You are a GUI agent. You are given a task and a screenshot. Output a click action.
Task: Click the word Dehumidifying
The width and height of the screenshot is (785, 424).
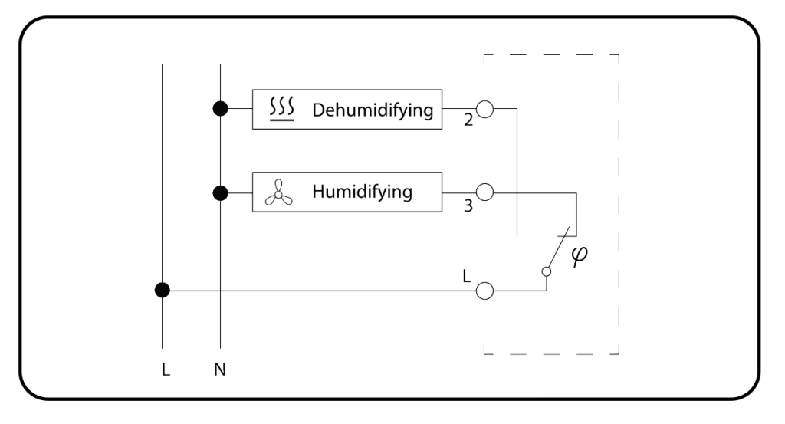pos(373,110)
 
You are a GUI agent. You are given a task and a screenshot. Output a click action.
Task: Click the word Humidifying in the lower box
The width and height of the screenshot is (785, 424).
pos(362,192)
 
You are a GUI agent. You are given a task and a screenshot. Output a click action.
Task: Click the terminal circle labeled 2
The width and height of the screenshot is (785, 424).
pos(484,108)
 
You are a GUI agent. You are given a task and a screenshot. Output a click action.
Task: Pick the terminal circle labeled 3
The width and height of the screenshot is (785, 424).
pos(484,192)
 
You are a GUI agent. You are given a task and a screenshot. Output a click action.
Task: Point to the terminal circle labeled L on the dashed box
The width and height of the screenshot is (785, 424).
pos(484,291)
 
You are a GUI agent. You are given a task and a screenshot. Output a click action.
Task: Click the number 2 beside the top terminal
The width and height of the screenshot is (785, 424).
pos(468,122)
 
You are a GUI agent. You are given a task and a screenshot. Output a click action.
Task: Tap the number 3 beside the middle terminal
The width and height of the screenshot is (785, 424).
pos(468,206)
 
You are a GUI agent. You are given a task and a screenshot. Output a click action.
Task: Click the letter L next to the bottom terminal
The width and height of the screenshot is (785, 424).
pos(468,275)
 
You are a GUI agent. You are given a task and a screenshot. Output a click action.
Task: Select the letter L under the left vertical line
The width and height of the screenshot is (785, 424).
pos(166,370)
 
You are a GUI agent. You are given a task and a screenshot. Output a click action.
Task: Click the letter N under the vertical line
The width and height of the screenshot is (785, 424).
pos(220,370)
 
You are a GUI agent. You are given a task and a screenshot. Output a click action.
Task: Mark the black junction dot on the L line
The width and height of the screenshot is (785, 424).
pos(163,291)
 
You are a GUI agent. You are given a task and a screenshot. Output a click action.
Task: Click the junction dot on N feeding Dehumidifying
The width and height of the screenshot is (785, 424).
pos(220,109)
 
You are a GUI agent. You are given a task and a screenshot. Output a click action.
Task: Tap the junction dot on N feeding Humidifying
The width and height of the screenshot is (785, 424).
pos(220,192)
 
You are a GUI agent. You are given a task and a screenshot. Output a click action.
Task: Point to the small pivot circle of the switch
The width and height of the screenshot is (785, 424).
pos(546,271)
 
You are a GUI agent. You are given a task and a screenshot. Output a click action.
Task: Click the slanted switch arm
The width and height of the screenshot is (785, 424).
pos(557,248)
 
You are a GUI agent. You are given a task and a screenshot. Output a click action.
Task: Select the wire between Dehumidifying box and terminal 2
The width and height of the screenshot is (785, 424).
pos(458,108)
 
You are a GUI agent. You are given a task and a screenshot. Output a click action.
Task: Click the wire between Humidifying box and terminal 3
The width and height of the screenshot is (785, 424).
pos(458,192)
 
